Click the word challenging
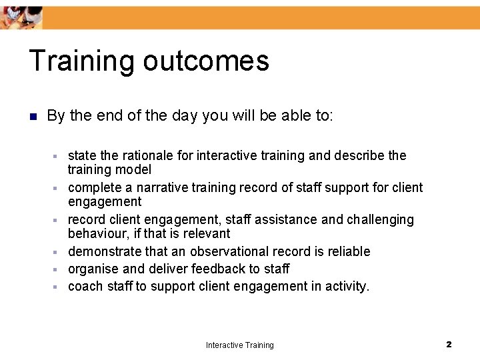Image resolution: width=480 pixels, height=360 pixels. coord(380,219)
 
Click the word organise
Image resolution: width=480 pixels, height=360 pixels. coord(93,269)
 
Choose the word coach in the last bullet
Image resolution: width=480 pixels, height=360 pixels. coord(84,286)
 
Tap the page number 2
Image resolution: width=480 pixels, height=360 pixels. coord(449,344)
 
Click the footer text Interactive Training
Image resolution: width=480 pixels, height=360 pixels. coord(239,345)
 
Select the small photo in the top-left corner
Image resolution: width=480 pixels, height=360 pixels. coord(21,17)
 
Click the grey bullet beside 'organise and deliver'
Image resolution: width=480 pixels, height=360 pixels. coord(57,269)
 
